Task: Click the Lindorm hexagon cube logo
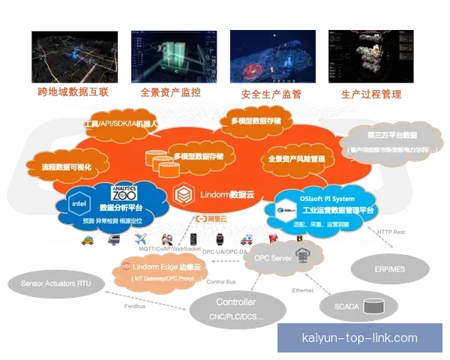point(182,193)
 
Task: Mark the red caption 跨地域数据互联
point(67,93)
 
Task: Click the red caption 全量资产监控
point(170,93)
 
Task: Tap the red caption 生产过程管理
point(370,94)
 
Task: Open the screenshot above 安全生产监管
point(271,56)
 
